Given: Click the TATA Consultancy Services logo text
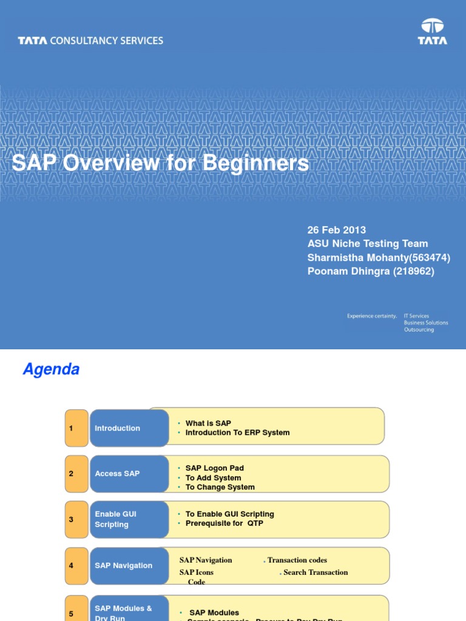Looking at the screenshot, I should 90,41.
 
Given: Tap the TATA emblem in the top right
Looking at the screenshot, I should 432,32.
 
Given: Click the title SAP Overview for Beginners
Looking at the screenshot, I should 160,163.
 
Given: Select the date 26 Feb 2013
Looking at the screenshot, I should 337,230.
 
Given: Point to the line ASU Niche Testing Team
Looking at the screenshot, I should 368,244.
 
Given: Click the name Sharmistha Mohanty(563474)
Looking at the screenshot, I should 379,258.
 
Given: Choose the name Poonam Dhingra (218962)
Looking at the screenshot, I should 371,271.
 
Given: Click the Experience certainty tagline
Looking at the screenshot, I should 372,316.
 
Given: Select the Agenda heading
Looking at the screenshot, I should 51,369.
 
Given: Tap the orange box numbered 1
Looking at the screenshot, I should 76,428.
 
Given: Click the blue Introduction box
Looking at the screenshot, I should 129,428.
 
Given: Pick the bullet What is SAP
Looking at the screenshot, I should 208,423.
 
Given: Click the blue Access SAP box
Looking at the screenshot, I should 129,474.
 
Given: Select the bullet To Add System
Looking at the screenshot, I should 213,478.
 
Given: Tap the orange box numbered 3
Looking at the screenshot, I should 76,520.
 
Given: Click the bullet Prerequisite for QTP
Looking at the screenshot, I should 224,523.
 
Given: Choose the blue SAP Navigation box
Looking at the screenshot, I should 129,566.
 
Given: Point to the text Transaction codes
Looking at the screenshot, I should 297,560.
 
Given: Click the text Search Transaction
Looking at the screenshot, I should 316,572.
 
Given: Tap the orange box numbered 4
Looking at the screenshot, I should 76,566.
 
